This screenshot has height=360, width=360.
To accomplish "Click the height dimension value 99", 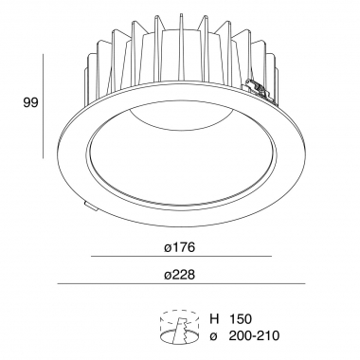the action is tap(30, 102).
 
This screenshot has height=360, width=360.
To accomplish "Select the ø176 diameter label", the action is tap(180, 247).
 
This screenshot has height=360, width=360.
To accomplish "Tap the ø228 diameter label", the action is tap(180, 275).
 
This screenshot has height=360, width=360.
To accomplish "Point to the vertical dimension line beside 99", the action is tap(43, 106).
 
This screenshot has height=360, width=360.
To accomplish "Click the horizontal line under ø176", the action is tap(182, 256).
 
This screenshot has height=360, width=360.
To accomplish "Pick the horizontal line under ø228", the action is tap(181, 283).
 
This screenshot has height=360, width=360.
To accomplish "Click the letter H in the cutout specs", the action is tap(214, 319).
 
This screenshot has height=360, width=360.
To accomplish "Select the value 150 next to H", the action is tap(241, 319).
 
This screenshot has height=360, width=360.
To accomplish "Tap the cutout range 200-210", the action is tap(254, 335).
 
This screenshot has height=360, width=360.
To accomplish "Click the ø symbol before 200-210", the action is tap(214, 336).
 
